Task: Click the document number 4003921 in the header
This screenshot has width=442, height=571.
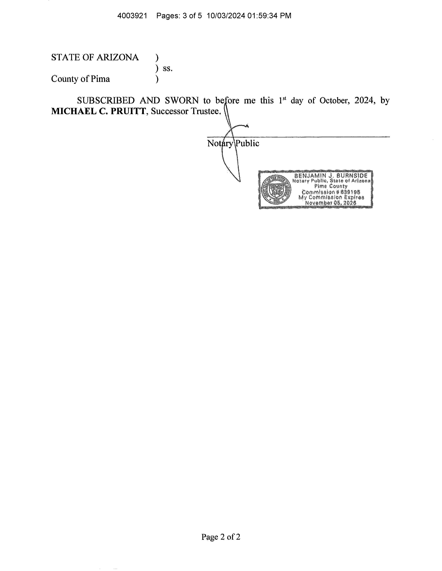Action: (x=132, y=16)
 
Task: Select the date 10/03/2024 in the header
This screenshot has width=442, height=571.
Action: (x=226, y=16)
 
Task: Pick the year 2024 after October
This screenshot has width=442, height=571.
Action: (x=364, y=100)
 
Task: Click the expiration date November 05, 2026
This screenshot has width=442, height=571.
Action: (x=331, y=203)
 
